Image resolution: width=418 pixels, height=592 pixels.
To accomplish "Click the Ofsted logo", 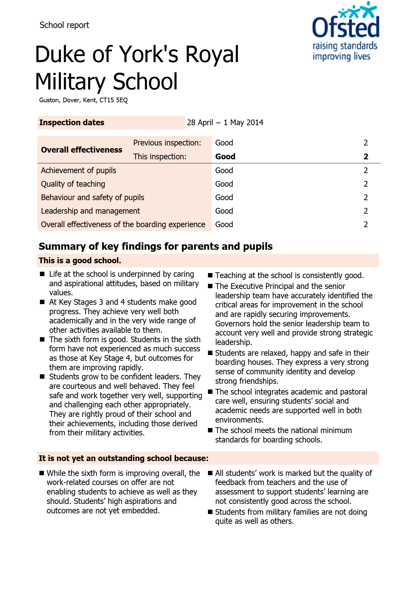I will click(345, 32).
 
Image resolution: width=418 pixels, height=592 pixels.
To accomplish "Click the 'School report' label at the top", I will click(64, 25).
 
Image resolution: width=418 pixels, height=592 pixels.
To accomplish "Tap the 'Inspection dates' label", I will click(72, 123).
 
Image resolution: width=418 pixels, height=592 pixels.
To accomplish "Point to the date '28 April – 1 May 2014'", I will click(225, 123).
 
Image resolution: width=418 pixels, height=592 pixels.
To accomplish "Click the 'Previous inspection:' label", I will click(167, 143).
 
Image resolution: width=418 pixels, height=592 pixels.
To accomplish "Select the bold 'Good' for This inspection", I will click(225, 157).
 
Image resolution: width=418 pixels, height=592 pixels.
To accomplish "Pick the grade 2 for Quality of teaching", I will click(366, 184).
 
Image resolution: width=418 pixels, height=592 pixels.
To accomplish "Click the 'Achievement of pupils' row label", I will click(79, 170).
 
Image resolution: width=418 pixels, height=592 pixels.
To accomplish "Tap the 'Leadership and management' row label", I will click(90, 211).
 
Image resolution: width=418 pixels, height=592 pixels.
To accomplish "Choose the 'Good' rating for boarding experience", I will click(224, 224).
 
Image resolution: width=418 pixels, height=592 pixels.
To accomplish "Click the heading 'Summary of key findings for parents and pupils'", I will click(155, 246).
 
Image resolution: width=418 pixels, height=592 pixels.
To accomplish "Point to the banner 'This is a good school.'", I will click(80, 261).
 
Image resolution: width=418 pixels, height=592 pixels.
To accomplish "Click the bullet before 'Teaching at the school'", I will click(210, 275).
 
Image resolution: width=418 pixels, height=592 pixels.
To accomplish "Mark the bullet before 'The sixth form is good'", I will click(42, 339).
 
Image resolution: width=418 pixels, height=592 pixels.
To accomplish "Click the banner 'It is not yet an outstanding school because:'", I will click(123, 458).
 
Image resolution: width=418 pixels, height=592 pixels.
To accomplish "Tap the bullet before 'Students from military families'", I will click(210, 512).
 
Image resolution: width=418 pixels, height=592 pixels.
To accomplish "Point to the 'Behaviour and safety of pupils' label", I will click(92, 197).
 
